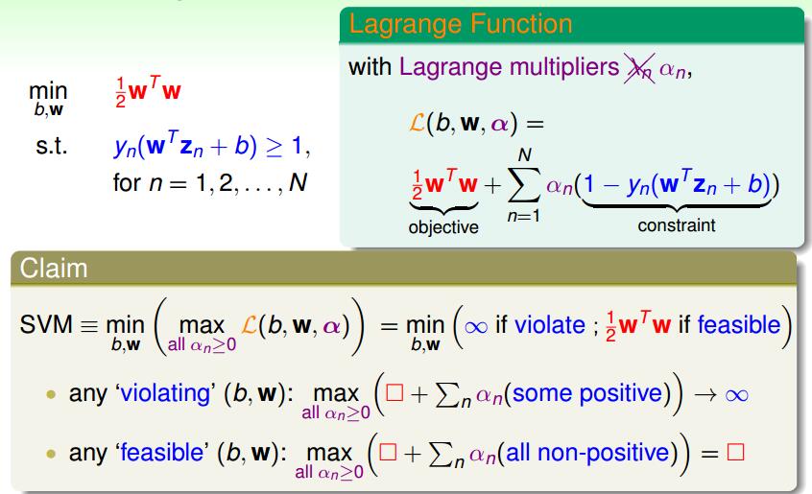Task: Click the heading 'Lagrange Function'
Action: click(461, 25)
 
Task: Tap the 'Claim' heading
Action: click(54, 269)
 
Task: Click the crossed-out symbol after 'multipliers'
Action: click(639, 68)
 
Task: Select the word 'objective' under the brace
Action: click(443, 227)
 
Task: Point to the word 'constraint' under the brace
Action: click(677, 225)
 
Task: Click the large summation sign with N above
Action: click(524, 185)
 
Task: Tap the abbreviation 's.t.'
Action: click(52, 146)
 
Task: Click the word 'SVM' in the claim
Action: click(46, 325)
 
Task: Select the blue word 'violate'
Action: click(550, 325)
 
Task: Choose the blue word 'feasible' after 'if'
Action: click(739, 325)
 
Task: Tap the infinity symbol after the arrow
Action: click(737, 396)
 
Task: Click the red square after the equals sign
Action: click(735, 452)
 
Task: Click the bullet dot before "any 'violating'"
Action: click(51, 394)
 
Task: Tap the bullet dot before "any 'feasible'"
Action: click(51, 454)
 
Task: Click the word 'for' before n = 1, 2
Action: click(127, 182)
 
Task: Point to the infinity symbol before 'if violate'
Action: click(476, 327)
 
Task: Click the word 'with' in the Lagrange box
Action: click(370, 67)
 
